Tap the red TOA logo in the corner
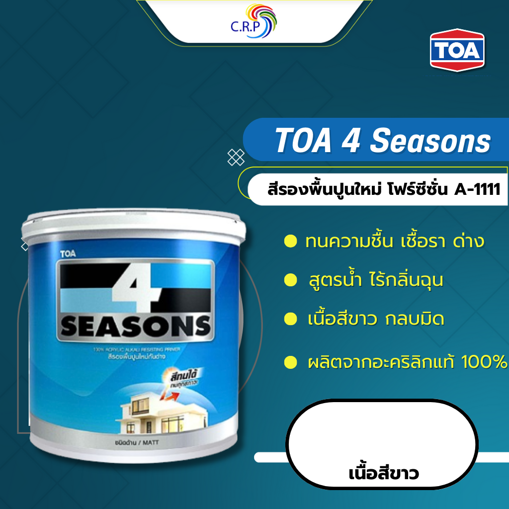tap(457, 50)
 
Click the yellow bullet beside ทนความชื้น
tap(287, 243)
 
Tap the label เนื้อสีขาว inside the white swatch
tap(383, 472)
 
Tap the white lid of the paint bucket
tap(134, 222)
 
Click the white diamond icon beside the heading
tap(236, 157)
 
